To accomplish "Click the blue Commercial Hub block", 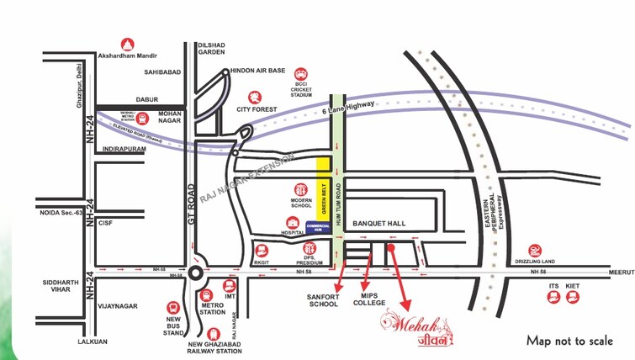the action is [317, 227].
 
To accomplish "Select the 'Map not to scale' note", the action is [569, 341].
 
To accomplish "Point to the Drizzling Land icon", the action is [534, 250].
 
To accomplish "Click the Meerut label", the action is [622, 272].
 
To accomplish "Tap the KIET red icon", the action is [574, 299].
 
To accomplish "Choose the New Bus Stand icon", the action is [173, 308].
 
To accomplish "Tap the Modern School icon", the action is [301, 191].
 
